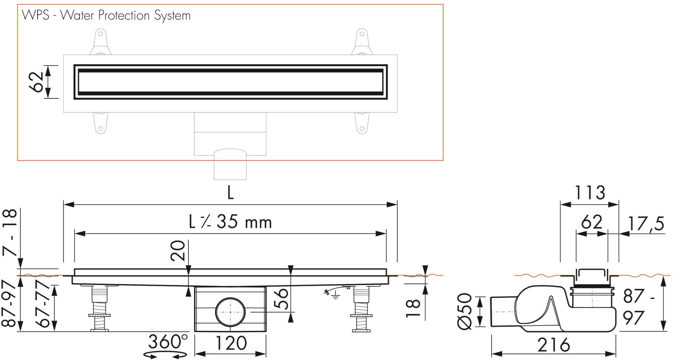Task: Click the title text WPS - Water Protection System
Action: pos(106,16)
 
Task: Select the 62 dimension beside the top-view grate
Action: pos(37,82)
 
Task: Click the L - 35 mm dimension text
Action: pos(230,222)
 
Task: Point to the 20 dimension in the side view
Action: pos(178,251)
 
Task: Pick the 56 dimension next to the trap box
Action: pos(282,298)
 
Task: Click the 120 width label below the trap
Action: pos(231,343)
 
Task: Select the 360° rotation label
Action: pos(168,342)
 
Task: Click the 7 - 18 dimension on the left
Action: pos(10,232)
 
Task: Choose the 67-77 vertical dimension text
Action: pos(45,306)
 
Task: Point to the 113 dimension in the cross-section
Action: pos(590,192)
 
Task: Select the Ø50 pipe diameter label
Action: pos(465,311)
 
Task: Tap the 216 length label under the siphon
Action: pos(553,345)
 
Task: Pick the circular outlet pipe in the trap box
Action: pos(230,312)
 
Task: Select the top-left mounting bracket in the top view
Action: pos(100,42)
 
